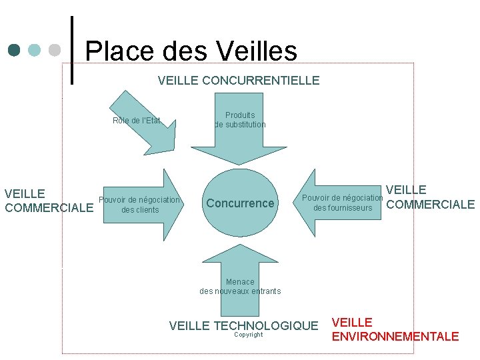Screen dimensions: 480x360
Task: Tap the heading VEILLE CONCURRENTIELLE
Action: (239, 81)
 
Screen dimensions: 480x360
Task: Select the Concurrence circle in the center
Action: (240, 203)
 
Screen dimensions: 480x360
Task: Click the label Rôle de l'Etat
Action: (136, 121)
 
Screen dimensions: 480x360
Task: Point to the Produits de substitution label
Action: (240, 120)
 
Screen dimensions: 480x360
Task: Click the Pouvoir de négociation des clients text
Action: (139, 205)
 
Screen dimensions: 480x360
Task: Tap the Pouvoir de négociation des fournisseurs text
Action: (343, 203)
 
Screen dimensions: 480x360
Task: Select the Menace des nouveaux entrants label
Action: (240, 287)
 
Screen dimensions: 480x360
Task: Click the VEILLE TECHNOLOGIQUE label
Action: (243, 326)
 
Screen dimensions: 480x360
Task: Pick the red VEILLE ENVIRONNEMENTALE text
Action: (395, 329)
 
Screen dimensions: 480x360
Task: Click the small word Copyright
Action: (249, 335)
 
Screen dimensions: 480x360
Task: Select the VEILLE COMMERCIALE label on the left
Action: (48, 201)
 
